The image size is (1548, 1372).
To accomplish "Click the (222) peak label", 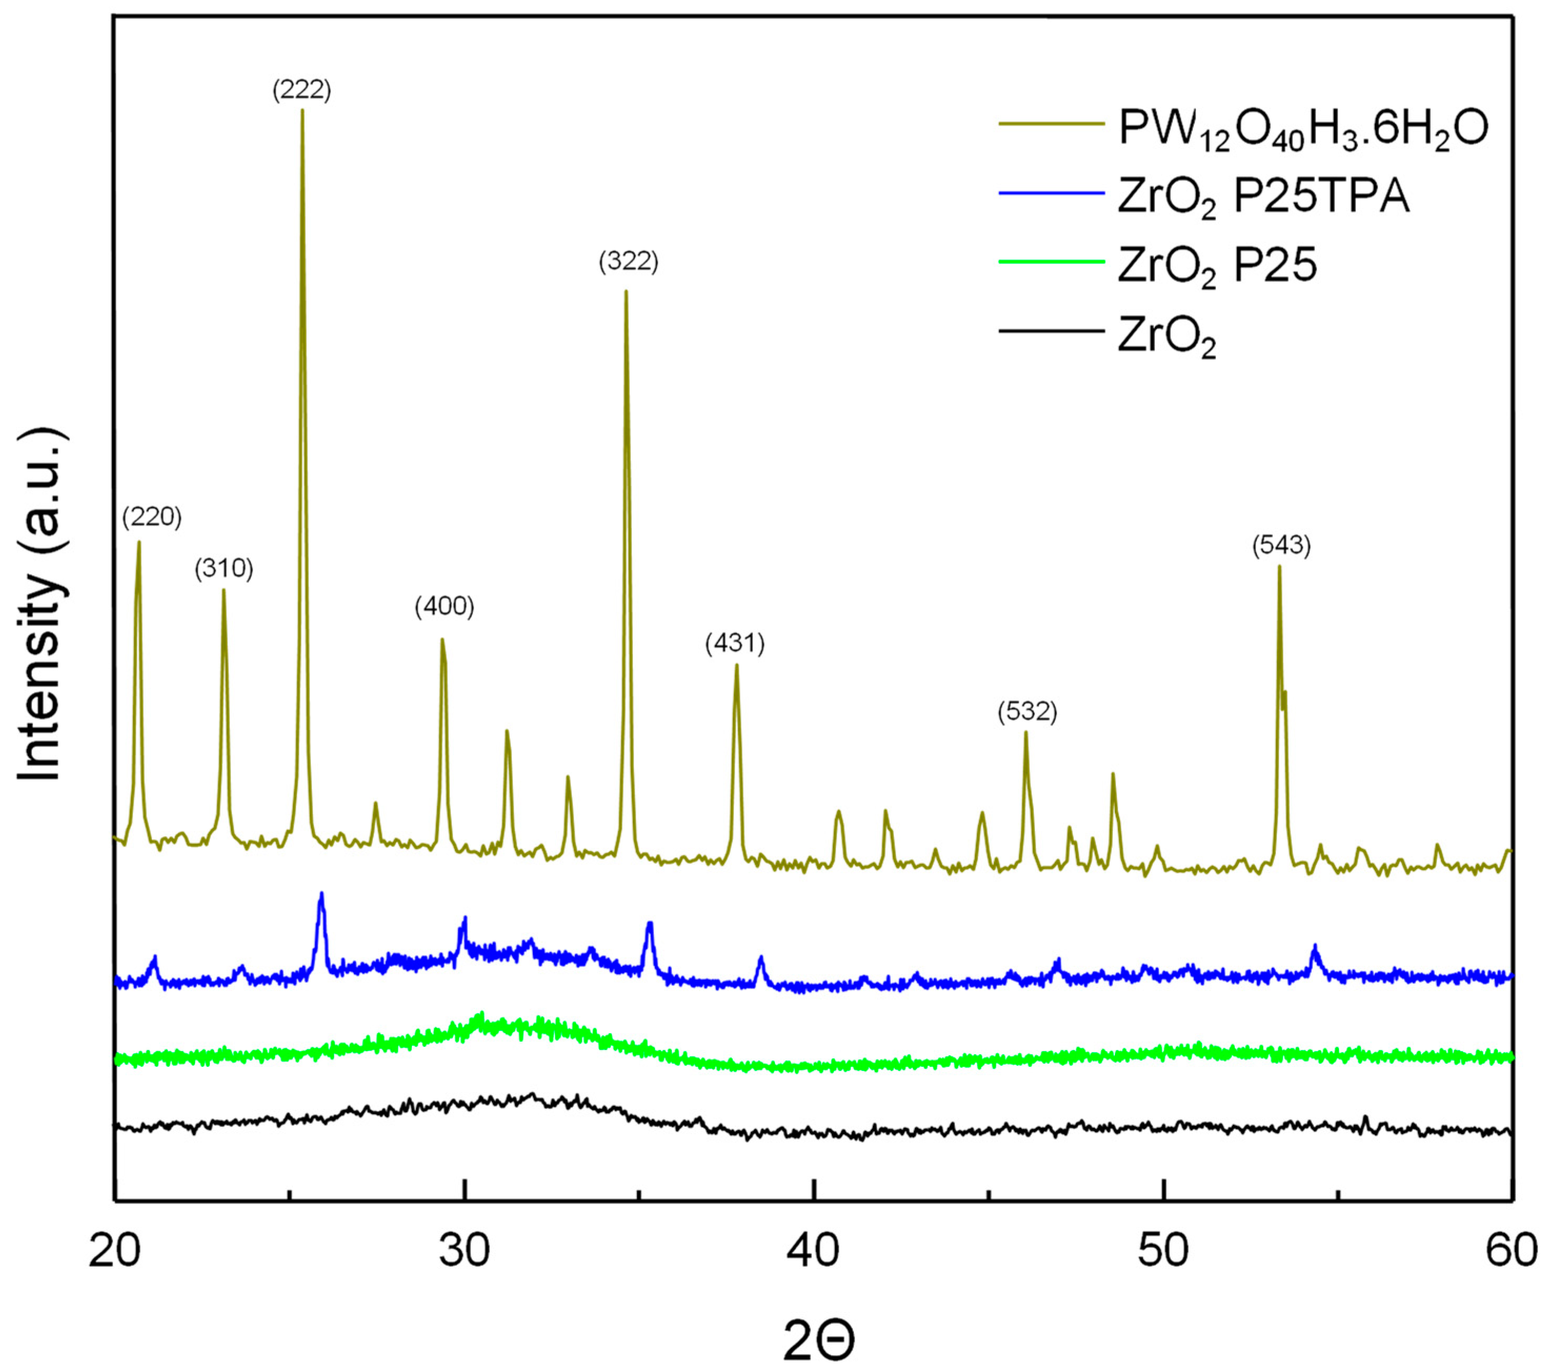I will coord(301,90).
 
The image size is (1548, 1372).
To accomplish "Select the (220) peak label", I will coord(152,517).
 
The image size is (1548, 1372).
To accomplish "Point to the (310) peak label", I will coord(224,569).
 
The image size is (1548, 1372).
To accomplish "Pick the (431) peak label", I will coord(735,643).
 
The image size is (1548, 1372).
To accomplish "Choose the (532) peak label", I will coord(1027,712).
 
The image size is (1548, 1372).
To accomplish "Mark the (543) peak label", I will coord(1281,545).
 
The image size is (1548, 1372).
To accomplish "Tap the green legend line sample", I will coord(1051,262).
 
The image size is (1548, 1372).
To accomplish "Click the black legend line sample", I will coord(1051,331).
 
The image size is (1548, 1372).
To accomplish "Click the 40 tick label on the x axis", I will coord(813,1252).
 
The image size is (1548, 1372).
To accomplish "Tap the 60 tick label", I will coord(1511,1252).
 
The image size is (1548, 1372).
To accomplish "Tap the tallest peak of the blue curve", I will coord(321,894).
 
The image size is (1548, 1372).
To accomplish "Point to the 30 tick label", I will coord(464,1252).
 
